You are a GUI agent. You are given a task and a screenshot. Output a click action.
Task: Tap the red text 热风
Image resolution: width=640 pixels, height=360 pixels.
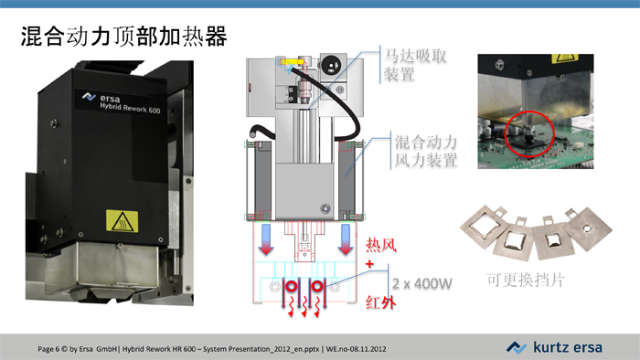click(381, 245)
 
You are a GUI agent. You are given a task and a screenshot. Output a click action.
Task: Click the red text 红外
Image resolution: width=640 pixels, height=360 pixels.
click(380, 301)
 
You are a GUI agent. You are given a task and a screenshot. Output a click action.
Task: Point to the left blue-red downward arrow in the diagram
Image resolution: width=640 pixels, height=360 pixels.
click(266, 237)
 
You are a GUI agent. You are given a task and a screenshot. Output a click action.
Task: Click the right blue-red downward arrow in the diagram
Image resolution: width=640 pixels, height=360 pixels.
click(346, 237)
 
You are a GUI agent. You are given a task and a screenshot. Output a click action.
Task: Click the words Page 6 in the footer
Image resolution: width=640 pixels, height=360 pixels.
click(50, 348)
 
